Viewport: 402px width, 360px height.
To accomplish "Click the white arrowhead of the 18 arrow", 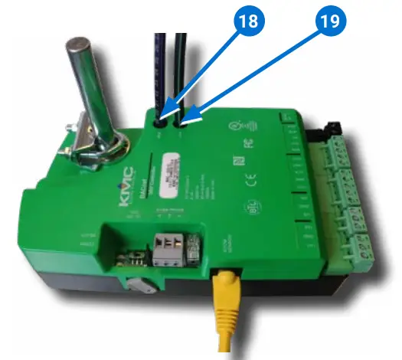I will [168, 113].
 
